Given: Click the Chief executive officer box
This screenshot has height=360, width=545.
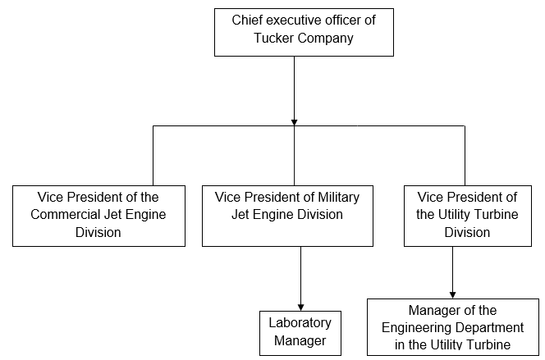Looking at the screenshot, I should point(304,33).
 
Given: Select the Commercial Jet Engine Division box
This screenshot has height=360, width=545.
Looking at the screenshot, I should point(98,216).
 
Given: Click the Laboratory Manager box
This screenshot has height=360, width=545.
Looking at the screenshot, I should point(300,332).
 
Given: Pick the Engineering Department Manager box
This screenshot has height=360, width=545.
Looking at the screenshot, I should point(453,327).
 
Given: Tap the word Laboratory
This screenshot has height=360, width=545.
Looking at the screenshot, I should point(300,323).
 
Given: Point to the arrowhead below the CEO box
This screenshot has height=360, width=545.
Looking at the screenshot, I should point(294,121).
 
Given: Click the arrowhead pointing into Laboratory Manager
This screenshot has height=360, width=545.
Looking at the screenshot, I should point(300,306).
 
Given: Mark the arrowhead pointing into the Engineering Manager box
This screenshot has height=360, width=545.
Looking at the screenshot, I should point(452,294).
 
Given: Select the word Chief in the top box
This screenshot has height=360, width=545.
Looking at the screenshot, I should point(247,20).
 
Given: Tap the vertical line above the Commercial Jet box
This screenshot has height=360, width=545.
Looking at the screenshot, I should point(153,156).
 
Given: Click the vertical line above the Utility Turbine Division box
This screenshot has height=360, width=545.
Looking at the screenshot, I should point(465,156).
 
